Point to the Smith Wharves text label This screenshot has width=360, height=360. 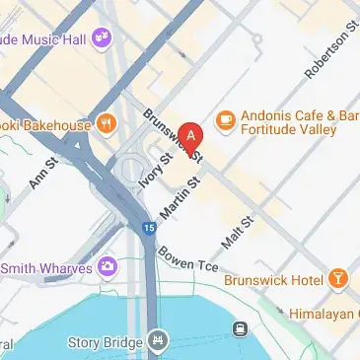[x=44, y=266]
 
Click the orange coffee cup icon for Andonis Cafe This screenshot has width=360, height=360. [x=224, y=119]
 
